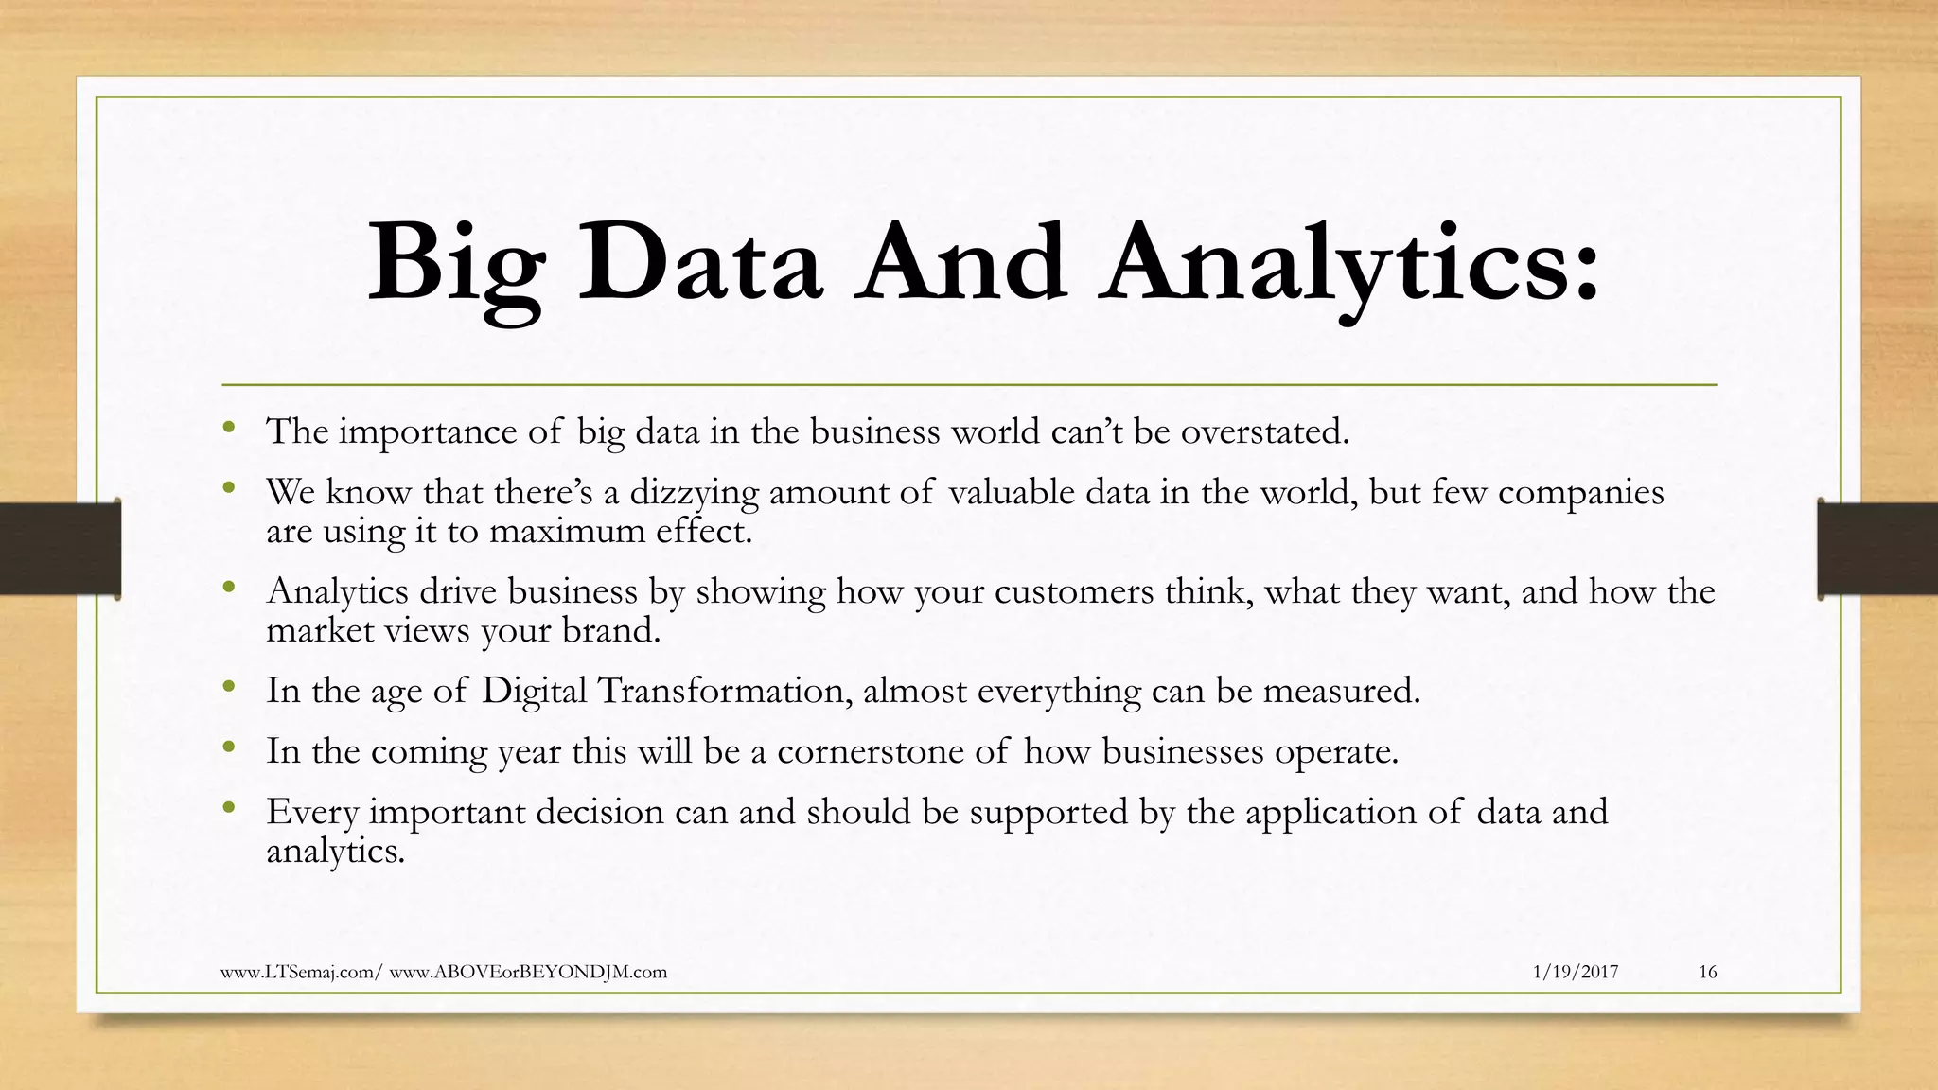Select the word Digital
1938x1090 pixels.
point(535,691)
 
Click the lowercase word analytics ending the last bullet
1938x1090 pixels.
point(335,852)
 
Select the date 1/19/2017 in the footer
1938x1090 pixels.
point(1575,972)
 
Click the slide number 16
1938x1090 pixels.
point(1707,972)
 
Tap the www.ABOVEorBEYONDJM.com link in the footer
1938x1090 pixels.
point(528,972)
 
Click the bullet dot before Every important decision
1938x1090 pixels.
point(228,808)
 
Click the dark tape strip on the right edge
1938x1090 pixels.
point(1877,549)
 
